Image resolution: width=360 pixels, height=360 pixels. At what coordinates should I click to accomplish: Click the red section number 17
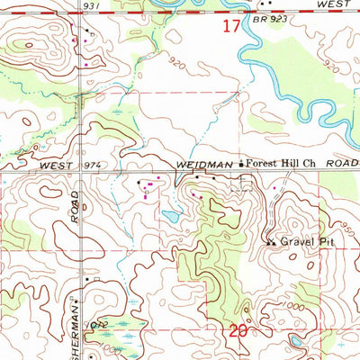point(231,26)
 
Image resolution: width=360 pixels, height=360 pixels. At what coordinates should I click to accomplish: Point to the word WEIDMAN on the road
point(203,166)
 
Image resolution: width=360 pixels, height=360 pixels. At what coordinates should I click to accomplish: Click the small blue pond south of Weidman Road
point(168,216)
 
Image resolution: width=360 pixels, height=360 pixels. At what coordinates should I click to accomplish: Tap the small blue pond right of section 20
point(294,342)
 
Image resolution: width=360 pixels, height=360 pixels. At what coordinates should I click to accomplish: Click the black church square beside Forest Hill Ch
point(241,165)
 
